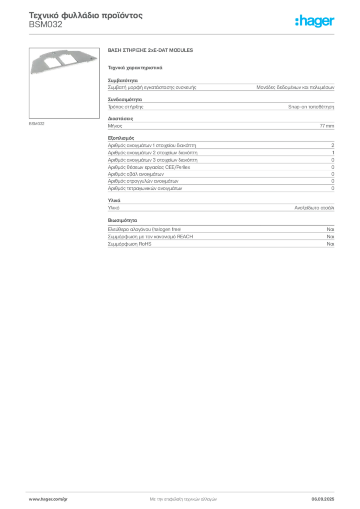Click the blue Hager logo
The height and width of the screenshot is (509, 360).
coord(315,21)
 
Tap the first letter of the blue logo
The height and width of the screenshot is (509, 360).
coord(298,21)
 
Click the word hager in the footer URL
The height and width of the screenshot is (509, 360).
coord(48,498)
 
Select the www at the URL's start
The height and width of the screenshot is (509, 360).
coord(34,498)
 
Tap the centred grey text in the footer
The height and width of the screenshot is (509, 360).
coord(182,497)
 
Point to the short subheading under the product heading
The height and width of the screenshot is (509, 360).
coord(135,67)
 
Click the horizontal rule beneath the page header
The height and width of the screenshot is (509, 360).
coord(182,33)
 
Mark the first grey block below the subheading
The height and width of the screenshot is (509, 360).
coord(220,86)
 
